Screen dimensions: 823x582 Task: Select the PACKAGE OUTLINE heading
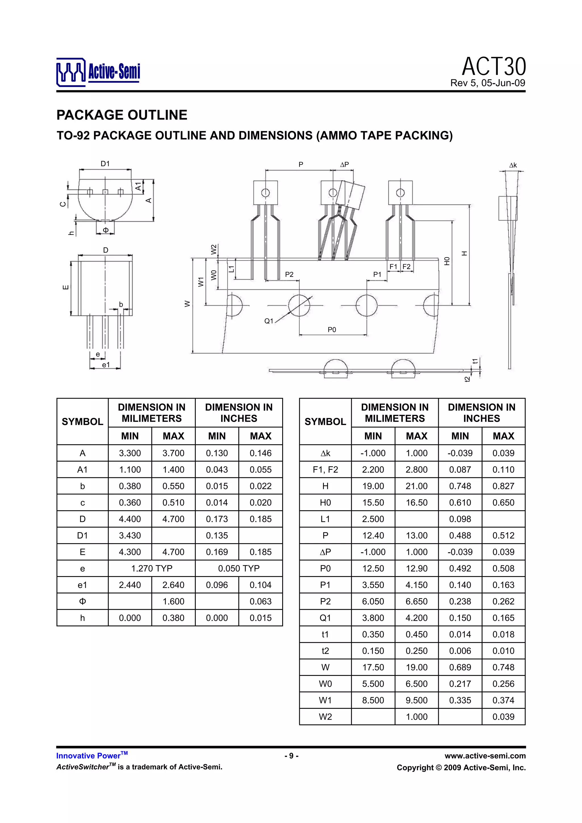122,115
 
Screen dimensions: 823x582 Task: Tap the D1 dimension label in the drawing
105,164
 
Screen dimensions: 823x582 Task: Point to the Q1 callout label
269,321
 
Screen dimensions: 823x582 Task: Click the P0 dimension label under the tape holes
332,330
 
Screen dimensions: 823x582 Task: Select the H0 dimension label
447,261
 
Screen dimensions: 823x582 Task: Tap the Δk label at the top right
513,165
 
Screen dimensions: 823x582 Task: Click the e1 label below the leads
106,365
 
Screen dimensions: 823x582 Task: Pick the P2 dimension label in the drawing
289,275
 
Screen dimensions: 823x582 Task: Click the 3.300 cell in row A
130,453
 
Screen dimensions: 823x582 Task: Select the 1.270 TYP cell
152,568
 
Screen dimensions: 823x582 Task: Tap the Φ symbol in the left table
82,601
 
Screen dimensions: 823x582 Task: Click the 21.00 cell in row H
416,486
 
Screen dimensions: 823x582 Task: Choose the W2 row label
325,717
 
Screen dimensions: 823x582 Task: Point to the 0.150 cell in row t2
373,651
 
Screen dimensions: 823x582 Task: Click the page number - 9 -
291,756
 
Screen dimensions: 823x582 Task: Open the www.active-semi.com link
485,756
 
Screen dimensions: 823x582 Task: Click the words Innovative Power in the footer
88,756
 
